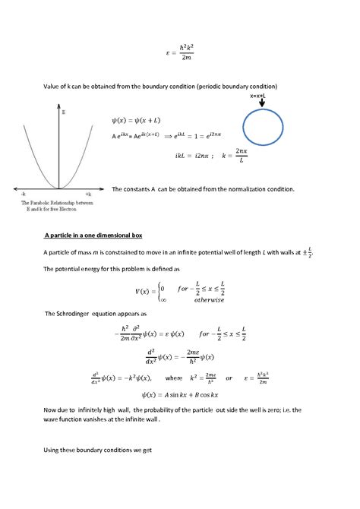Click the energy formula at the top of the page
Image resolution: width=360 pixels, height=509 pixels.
tap(180, 52)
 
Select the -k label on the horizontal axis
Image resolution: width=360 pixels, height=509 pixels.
tap(24, 194)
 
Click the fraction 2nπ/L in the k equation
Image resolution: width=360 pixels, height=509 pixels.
tap(241, 155)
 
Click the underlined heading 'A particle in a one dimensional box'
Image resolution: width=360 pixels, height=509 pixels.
tap(93, 236)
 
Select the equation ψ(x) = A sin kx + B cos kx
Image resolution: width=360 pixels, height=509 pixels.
tap(180, 394)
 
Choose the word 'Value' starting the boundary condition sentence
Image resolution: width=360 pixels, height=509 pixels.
tap(53, 86)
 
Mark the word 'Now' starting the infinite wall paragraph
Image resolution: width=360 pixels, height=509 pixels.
tap(51, 409)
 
